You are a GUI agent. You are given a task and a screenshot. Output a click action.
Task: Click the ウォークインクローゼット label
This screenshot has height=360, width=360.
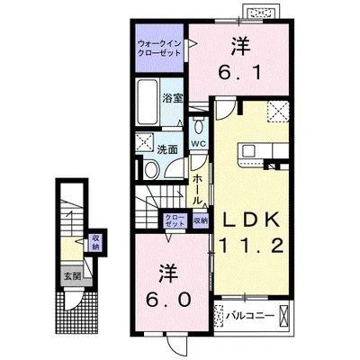(x=159, y=49)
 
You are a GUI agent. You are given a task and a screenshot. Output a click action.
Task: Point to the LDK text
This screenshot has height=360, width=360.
(x=251, y=220)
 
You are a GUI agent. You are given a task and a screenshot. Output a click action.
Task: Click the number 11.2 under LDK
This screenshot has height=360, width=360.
(x=251, y=245)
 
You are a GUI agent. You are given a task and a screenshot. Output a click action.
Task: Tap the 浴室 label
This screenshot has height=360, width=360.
(x=173, y=98)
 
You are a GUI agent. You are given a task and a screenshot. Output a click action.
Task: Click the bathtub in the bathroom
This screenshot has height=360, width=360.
(x=148, y=102)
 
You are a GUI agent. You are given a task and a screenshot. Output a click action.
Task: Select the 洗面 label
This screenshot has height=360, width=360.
(x=167, y=149)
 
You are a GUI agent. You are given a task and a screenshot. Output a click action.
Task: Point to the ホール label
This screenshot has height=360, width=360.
(x=197, y=189)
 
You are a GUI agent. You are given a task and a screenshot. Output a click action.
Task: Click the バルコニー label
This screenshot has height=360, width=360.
(x=250, y=316)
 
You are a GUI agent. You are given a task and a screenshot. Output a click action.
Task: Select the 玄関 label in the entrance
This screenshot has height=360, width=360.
(x=72, y=276)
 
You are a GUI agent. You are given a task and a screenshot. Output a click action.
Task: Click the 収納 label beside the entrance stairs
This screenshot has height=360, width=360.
(x=96, y=243)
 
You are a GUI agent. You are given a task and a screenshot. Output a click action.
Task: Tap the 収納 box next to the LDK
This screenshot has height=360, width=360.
(x=201, y=220)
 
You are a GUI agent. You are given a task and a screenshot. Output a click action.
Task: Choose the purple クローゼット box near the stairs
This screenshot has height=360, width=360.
(x=175, y=220)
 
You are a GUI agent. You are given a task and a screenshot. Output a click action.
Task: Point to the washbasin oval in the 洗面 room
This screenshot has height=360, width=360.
(x=150, y=169)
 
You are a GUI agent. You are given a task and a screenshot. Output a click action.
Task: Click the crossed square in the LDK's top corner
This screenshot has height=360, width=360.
(x=278, y=112)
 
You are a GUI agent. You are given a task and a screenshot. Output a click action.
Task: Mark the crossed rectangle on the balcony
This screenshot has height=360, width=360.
(x=283, y=316)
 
